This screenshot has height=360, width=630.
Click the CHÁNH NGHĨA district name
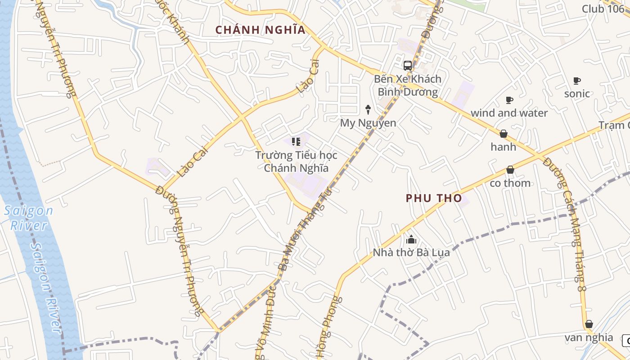tap(260, 30)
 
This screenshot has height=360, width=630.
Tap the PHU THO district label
tap(434, 198)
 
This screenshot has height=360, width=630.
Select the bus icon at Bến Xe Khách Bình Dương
tap(408, 66)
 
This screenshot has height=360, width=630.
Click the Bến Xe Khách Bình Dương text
tap(408, 85)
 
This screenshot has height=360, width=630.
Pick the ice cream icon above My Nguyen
tap(368, 109)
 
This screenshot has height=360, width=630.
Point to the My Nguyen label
tap(368, 123)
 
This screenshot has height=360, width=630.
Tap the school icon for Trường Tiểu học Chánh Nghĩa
tap(296, 142)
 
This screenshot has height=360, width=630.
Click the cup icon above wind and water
tap(509, 100)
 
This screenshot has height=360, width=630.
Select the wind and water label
tap(509, 113)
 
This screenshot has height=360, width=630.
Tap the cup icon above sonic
tap(577, 81)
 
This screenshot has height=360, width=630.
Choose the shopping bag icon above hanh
tap(504, 134)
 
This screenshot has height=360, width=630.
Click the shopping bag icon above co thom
tap(510, 170)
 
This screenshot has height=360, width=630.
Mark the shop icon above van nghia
tap(589, 324)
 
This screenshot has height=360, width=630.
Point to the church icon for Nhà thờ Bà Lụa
tap(411, 239)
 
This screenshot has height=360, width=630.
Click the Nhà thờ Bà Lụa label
tap(411, 252)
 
